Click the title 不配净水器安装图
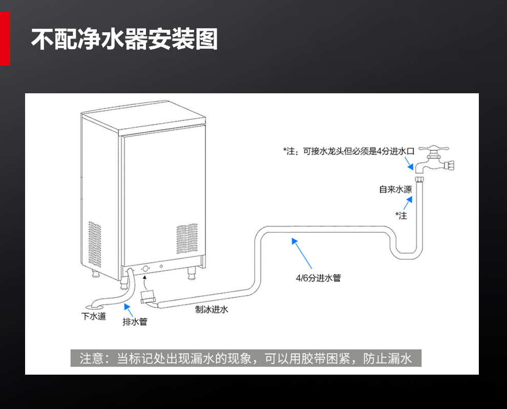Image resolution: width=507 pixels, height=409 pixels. (124, 39)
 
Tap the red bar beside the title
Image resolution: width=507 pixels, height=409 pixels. (5, 39)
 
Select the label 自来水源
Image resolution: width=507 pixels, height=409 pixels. (395, 190)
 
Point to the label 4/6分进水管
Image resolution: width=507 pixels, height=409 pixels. (318, 278)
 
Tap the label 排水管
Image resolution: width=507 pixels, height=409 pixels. (135, 322)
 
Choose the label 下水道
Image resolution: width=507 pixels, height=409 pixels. (94, 316)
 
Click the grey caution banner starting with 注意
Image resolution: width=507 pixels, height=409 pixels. (246, 358)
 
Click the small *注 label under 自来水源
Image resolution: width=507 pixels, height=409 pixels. (401, 216)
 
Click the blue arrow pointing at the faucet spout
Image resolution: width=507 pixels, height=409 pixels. (410, 165)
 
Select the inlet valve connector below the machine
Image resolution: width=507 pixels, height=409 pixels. (149, 297)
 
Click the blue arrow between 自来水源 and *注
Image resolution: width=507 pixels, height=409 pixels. (407, 203)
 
